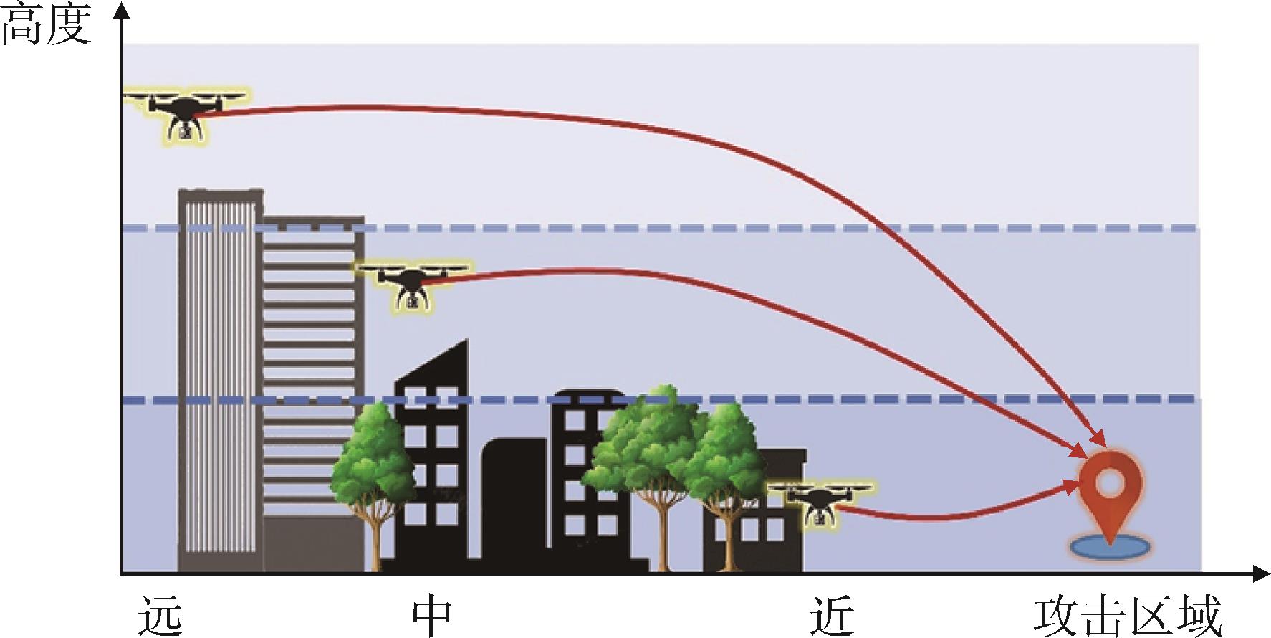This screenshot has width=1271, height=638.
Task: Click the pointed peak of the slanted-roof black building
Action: (x=466, y=340)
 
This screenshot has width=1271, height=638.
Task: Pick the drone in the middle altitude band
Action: (x=413, y=285)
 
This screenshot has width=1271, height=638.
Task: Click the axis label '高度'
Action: (x=45, y=27)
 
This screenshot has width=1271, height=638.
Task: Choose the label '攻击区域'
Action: (x=1126, y=616)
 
